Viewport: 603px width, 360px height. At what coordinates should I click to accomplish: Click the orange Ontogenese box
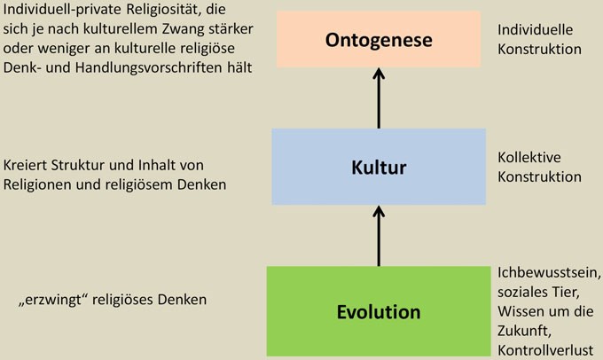coord(379,39)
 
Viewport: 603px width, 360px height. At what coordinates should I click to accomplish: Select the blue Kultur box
coord(379,167)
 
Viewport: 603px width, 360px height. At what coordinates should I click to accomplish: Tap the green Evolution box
coord(379,311)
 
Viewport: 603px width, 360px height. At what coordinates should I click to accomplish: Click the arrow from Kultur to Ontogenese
coord(379,98)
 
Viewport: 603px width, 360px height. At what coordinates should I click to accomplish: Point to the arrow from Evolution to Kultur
coord(379,236)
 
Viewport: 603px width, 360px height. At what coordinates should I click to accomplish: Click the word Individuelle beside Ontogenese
coord(535,29)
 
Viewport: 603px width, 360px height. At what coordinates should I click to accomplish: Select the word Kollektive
coord(529,157)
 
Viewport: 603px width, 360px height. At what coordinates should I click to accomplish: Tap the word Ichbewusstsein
coord(549,273)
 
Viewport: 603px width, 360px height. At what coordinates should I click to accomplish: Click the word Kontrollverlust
coord(545,350)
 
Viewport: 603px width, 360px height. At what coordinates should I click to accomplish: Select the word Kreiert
coord(25,166)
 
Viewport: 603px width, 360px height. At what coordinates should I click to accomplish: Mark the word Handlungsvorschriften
coord(148,67)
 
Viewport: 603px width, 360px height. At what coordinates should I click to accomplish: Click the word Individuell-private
coord(63,10)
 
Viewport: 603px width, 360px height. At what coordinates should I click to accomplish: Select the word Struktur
coord(77,166)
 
